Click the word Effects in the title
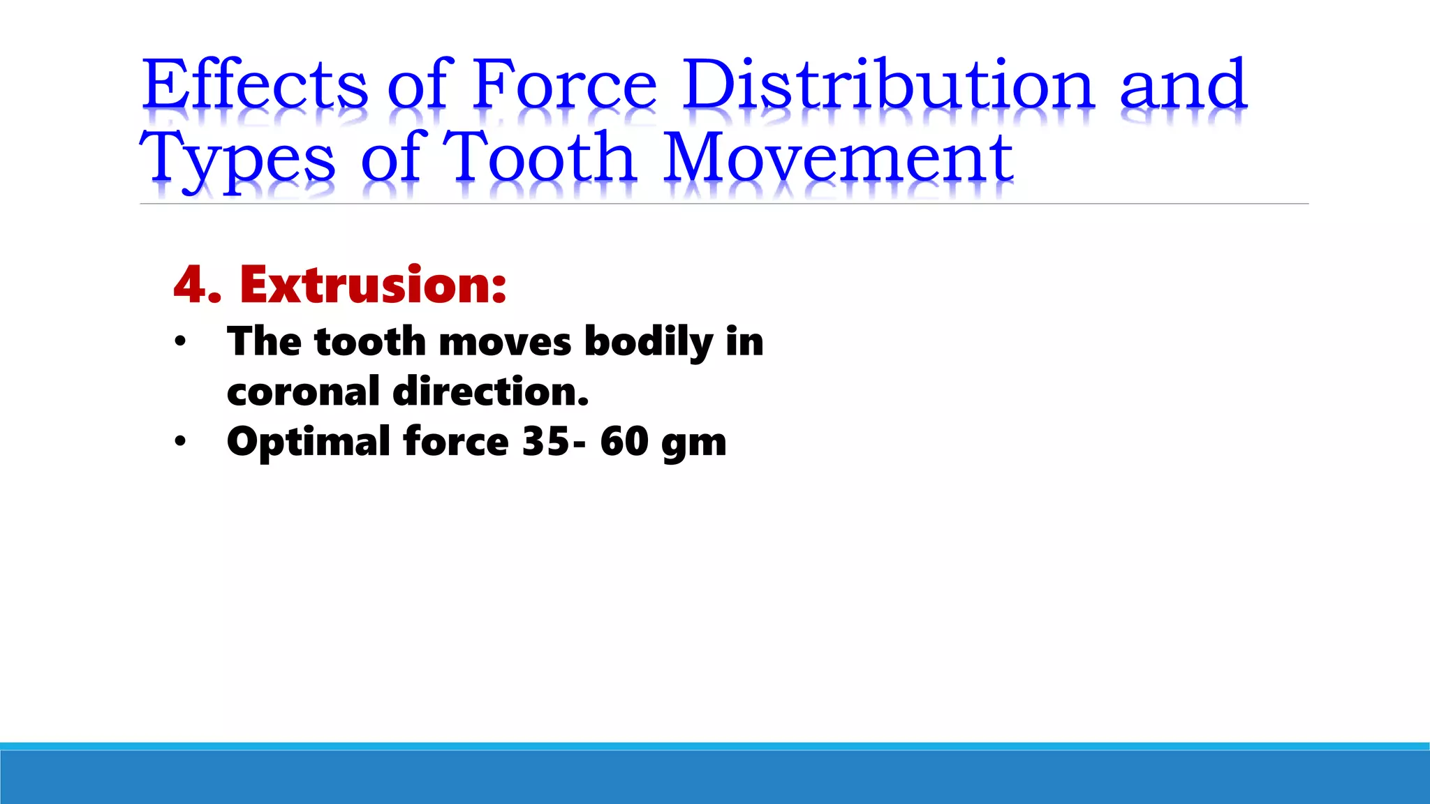[x=255, y=85]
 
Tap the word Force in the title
[x=564, y=85]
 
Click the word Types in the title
[x=237, y=159]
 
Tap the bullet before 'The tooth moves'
[x=181, y=342]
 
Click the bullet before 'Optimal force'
[x=181, y=442]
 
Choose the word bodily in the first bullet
[x=648, y=342]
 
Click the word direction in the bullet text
[x=490, y=392]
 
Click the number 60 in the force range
[x=624, y=442]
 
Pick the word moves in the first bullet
[x=505, y=342]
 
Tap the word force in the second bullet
[x=456, y=442]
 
